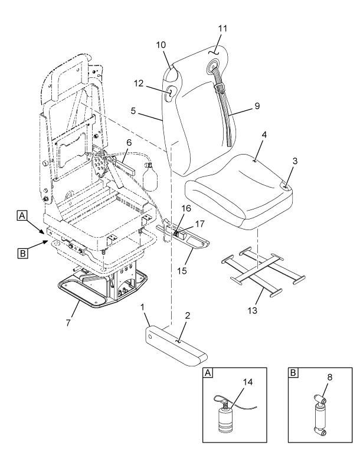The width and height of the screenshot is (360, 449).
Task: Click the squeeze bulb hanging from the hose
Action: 151,176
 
